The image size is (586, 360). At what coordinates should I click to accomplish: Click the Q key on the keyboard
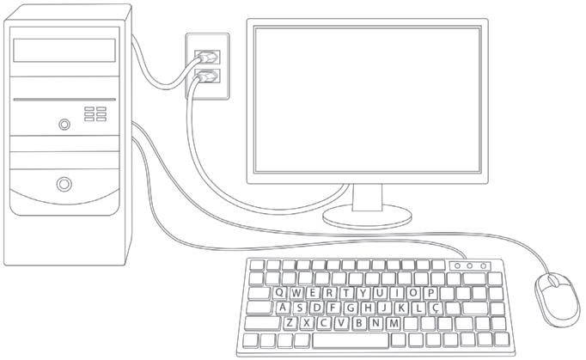point(280,293)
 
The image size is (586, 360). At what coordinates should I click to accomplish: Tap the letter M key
point(394,323)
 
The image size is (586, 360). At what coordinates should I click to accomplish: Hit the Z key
point(291,323)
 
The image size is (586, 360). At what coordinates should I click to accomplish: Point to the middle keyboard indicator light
point(471,266)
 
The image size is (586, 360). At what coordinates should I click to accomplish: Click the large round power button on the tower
point(64,183)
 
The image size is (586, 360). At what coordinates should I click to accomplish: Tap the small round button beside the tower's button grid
point(64,125)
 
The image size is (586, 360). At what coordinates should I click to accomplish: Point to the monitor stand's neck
point(367,198)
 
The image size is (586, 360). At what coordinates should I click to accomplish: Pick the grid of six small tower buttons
point(95,113)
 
